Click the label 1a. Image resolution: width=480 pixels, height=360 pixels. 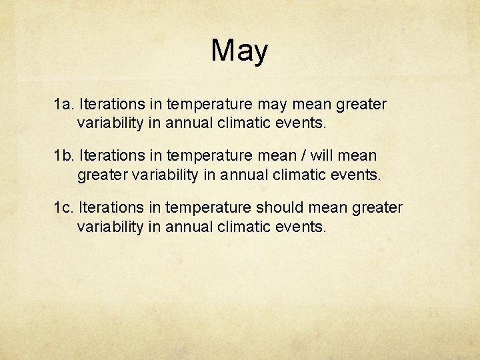(x=64, y=104)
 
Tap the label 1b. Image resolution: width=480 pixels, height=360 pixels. (x=64, y=156)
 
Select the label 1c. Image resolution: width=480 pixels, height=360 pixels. (x=64, y=208)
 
